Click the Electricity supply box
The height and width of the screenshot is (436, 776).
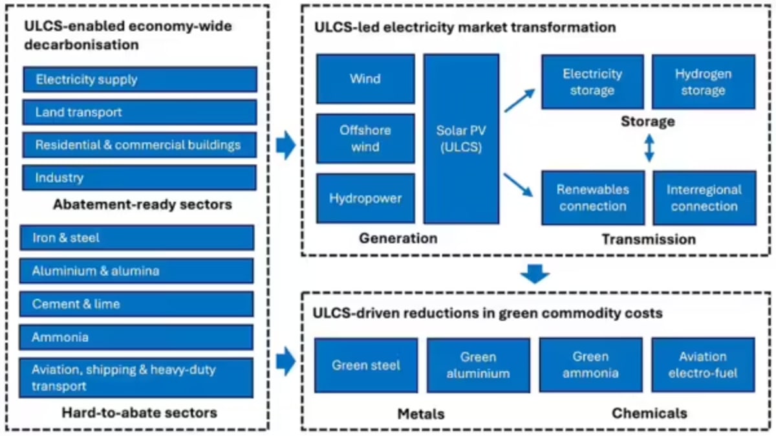coord(140,80)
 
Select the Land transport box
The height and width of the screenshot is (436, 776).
coord(140,112)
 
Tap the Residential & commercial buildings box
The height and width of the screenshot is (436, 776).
coord(140,145)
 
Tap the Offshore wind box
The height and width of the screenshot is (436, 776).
coord(365,138)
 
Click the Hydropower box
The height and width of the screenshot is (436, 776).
coord(365,198)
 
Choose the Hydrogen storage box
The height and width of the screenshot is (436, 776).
coord(703,82)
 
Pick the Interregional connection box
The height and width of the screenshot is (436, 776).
coord(704,198)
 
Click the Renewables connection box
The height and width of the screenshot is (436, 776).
coord(592,198)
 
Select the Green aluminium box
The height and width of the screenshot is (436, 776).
coord(478,365)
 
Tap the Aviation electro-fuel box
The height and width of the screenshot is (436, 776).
coord(702,365)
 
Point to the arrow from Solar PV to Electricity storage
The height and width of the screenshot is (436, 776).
coord(520,101)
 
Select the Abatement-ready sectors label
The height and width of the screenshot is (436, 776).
coord(142,204)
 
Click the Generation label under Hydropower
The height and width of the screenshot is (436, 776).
coord(398,238)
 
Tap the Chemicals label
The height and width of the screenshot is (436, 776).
coord(649,413)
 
